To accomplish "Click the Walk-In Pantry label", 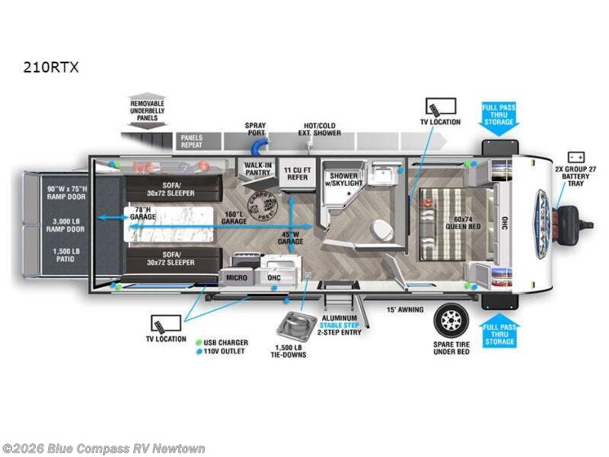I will pos(259,168).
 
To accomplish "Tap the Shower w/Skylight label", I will pos(344,180).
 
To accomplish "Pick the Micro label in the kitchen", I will pos(238,277).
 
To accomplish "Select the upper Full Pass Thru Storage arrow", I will pos(497,115).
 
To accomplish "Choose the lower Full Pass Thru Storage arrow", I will pos(497,333).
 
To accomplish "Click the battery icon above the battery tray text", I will pos(576,156).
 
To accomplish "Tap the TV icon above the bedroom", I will pos(434,106).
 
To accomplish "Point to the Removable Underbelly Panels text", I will pos(147,109).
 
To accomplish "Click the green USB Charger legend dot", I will pos(198,342).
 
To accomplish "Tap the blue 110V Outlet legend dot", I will pos(198,352).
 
